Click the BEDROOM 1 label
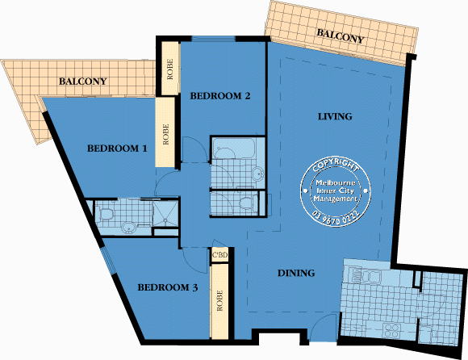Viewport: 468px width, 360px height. (117, 149)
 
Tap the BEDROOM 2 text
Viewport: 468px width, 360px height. (220, 96)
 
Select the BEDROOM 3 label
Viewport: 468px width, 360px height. (166, 287)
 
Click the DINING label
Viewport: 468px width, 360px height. (296, 273)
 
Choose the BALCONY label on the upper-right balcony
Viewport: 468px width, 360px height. (341, 36)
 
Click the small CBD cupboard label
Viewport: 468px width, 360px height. (220, 256)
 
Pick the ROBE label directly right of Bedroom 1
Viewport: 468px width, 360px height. (166, 133)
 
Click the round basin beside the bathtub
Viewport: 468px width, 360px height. (257, 172)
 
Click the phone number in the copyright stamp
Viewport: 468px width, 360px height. (335, 216)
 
